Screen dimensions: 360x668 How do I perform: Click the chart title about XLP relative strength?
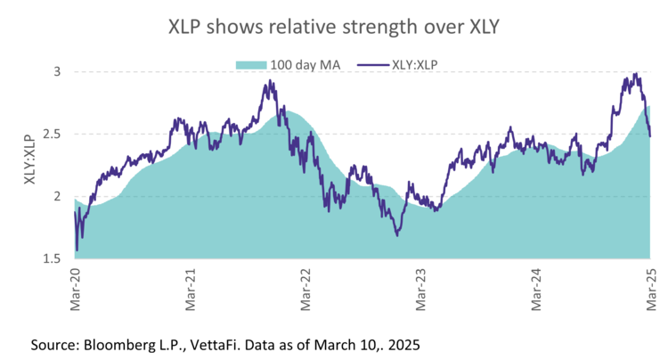click(x=334, y=28)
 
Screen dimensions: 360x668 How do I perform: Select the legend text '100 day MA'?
click(x=305, y=64)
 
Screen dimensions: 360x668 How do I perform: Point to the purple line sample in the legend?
click(x=372, y=64)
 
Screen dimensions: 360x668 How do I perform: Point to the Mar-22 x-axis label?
click(x=305, y=290)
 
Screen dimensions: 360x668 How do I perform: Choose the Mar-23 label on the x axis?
click(x=420, y=290)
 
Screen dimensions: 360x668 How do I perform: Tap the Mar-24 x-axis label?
click(x=535, y=290)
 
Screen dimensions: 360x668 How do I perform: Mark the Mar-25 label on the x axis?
click(x=649, y=290)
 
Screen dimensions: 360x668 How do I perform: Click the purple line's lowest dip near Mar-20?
click(x=77, y=250)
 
